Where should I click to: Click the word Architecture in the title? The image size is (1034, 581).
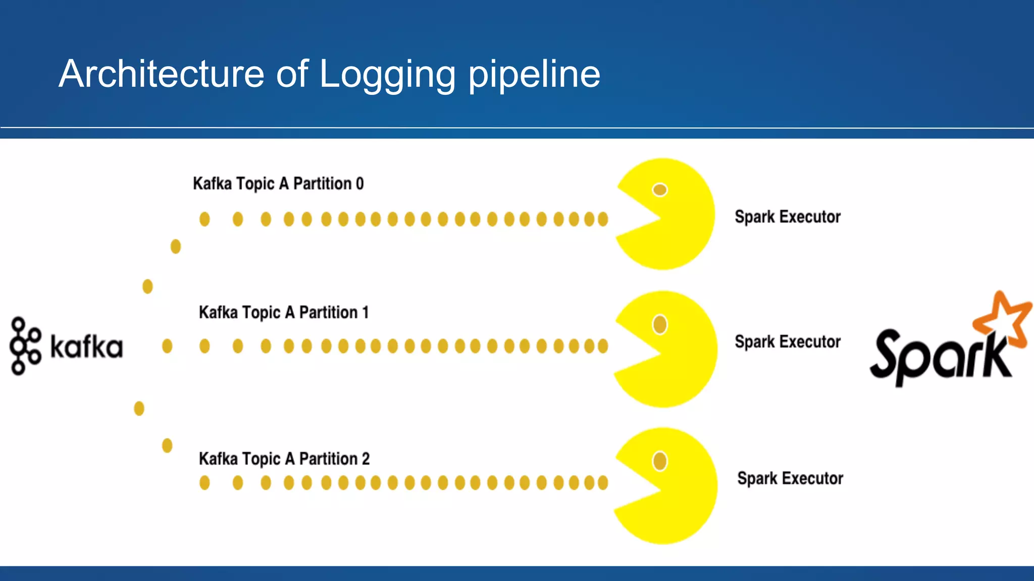[x=162, y=74]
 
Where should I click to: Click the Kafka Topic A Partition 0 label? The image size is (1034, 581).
[x=278, y=184]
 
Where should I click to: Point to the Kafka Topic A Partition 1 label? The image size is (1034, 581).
[x=284, y=313]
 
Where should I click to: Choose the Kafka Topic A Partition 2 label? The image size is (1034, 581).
[x=284, y=459]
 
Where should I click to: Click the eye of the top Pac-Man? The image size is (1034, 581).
[x=660, y=190]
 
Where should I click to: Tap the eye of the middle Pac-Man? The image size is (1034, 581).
[x=660, y=324]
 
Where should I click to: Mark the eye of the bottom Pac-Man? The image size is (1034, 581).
[x=660, y=461]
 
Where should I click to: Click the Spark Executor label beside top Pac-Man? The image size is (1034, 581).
[x=788, y=217]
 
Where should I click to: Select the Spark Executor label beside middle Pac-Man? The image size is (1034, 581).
[x=788, y=342]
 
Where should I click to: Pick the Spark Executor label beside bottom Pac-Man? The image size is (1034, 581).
[x=790, y=478]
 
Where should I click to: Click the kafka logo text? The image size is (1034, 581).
[x=86, y=347]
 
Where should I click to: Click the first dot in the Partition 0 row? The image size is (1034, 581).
[x=204, y=219]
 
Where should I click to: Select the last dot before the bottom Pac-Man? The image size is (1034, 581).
[x=603, y=483]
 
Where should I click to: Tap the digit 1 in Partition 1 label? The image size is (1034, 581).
[x=365, y=313]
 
